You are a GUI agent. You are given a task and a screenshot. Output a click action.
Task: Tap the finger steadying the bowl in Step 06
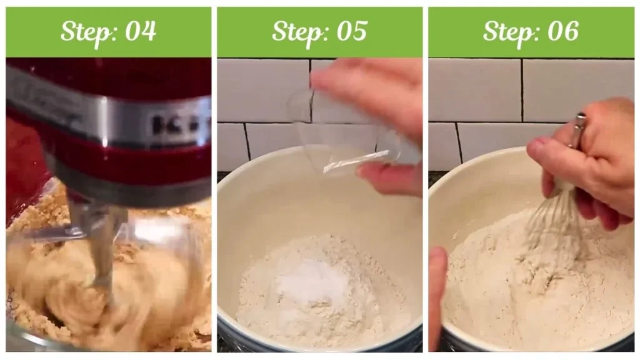click(437, 287)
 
